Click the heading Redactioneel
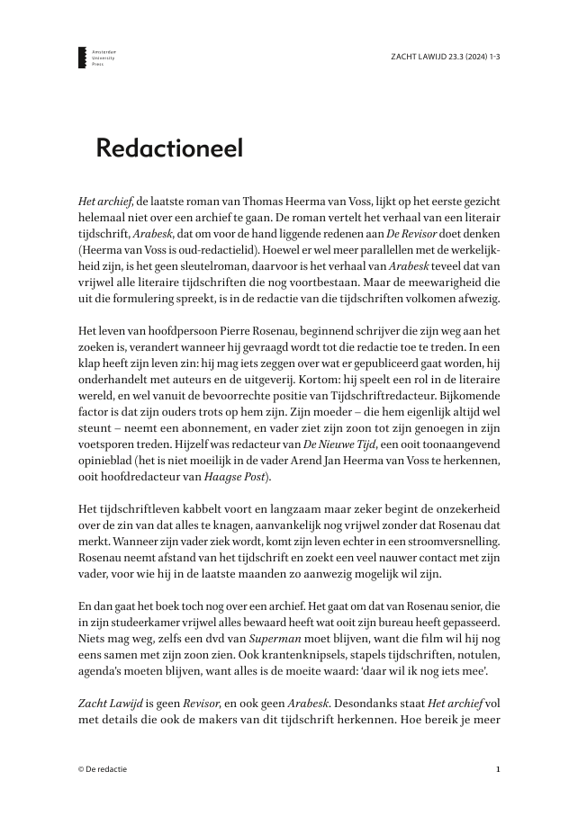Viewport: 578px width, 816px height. click(169, 148)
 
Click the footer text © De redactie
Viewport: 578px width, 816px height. click(104, 770)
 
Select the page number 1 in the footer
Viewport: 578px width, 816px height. click(498, 770)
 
